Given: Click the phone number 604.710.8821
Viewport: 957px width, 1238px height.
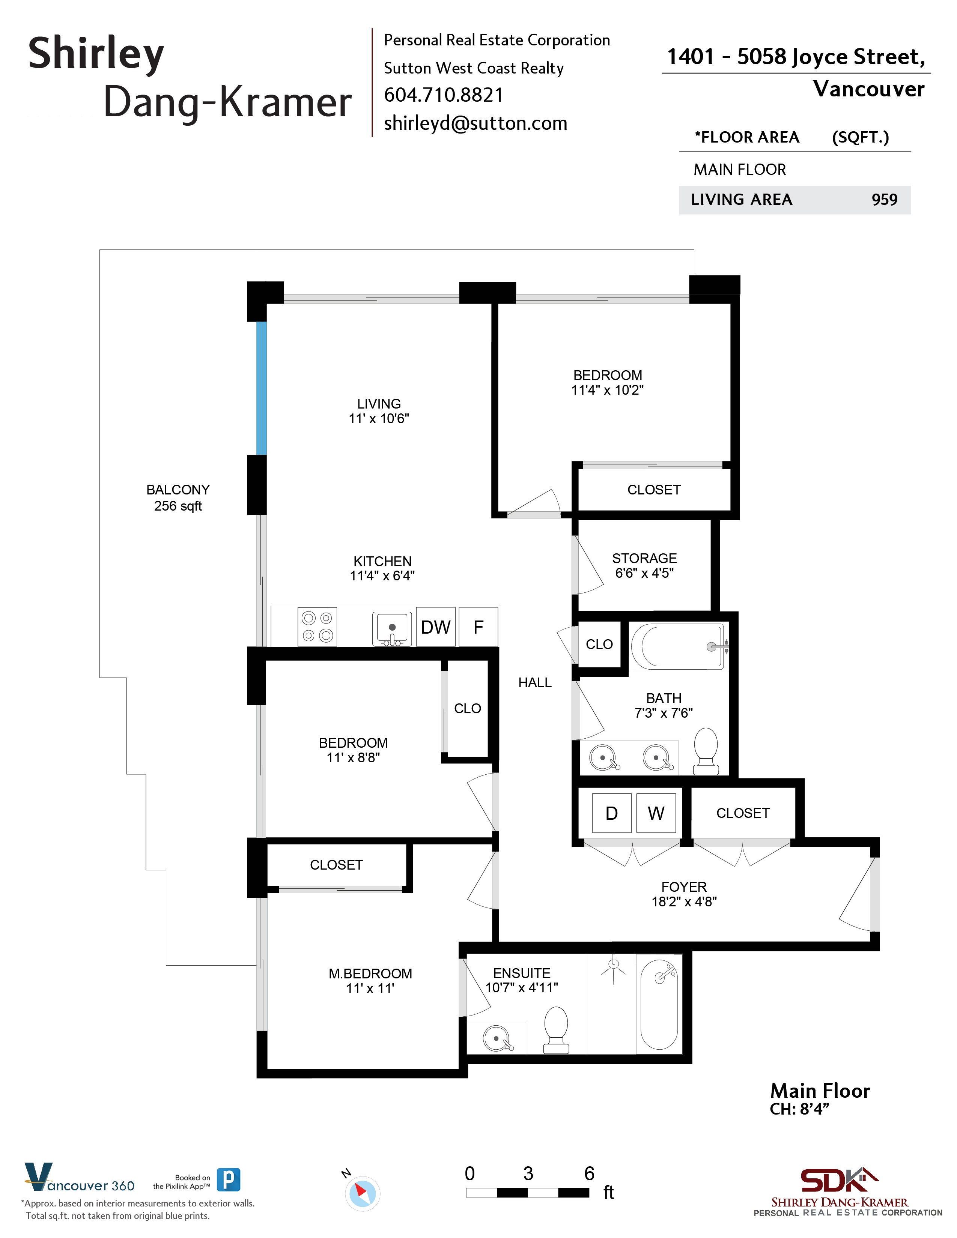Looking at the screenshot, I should [x=443, y=95].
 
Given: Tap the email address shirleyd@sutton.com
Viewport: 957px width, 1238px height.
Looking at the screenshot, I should [x=475, y=123].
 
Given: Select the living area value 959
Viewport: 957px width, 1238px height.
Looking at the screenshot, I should [x=884, y=200].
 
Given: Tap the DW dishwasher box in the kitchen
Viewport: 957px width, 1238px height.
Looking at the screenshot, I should [x=435, y=627].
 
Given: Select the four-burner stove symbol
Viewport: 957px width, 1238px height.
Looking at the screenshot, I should [x=317, y=627].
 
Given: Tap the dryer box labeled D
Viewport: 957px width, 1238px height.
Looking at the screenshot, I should [x=611, y=813].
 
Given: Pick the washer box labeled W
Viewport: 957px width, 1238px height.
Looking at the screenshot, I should [x=656, y=813].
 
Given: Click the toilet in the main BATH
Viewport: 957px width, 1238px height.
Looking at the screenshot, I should [x=706, y=751].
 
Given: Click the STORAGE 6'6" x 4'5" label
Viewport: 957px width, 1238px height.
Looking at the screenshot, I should [x=644, y=566].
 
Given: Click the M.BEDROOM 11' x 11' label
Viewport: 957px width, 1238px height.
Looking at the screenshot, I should [x=370, y=981].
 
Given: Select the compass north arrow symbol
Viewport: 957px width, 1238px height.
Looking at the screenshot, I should [x=362, y=1193].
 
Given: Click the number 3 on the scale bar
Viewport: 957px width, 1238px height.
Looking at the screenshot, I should [x=528, y=1173].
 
